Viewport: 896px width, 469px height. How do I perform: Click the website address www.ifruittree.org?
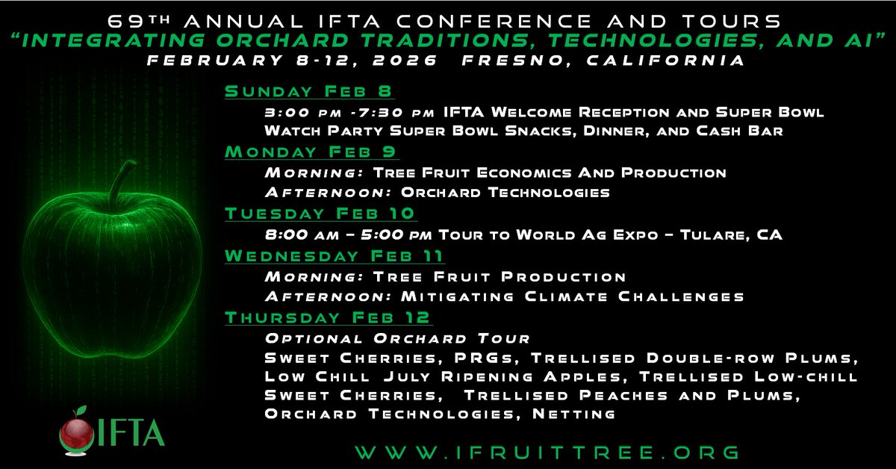tap(547, 453)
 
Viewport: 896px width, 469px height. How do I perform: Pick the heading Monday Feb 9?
tap(311, 152)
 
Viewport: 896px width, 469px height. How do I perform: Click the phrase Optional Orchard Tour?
tap(397, 338)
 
